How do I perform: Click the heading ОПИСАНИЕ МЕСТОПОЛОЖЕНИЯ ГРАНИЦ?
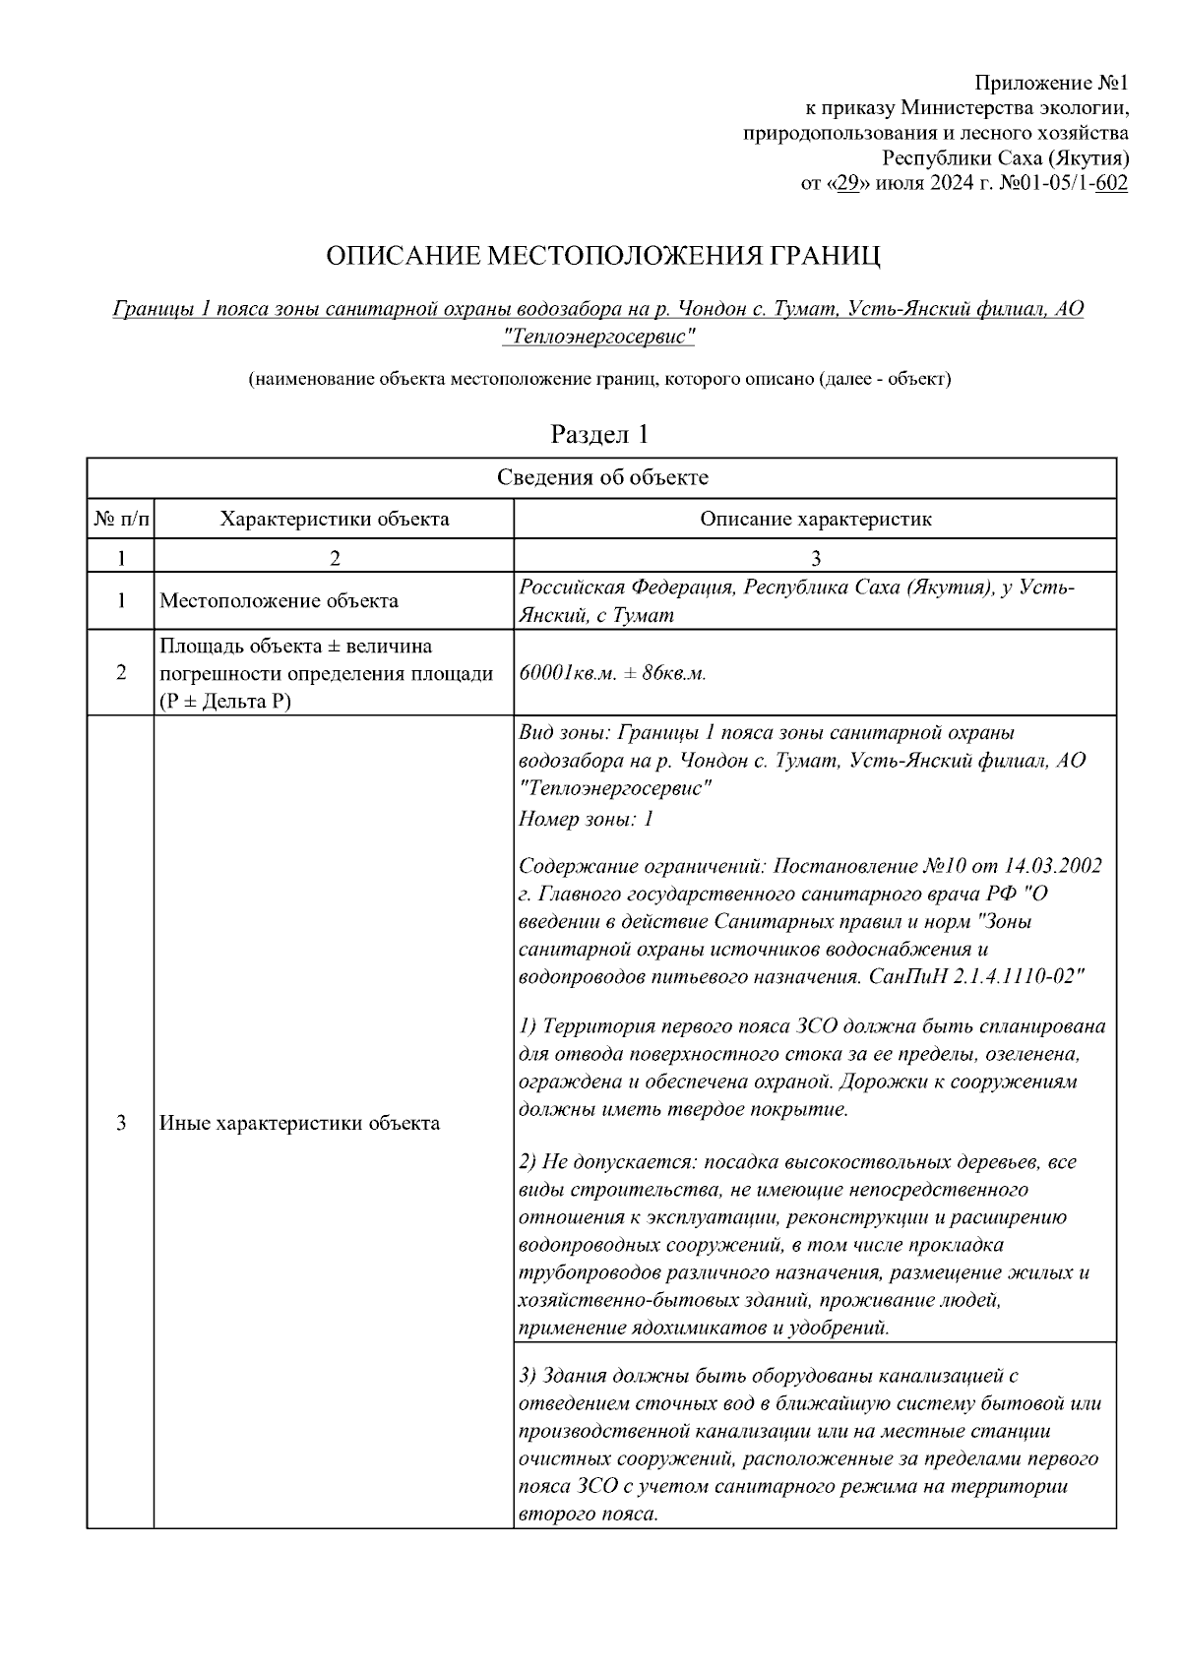pos(602,257)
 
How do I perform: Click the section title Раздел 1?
pos(599,434)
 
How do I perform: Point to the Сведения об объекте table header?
pos(601,478)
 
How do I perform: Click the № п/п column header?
pos(121,519)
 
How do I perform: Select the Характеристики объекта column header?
pos(334,519)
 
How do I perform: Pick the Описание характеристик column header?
pos(815,519)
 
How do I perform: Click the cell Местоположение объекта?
pos(279,600)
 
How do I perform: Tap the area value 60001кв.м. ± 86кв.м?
pos(612,674)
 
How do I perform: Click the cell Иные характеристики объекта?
pos(299,1123)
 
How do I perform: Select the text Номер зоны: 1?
pos(586,819)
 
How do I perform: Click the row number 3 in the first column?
pos(121,1123)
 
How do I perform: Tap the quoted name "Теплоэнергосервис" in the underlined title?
pos(598,337)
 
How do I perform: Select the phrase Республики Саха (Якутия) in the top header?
pos(1004,157)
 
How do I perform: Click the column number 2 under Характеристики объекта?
pos(334,558)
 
